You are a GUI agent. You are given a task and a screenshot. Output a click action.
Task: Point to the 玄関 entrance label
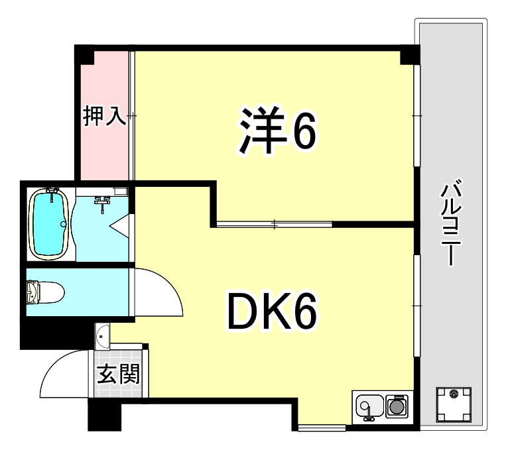click(119, 375)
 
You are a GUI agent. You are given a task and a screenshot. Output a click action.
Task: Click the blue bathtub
click(50, 223)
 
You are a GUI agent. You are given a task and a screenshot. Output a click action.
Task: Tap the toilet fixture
click(43, 292)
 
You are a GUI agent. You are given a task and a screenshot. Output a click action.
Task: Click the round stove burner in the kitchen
click(397, 405)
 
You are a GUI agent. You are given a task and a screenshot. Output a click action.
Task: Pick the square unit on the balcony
click(454, 404)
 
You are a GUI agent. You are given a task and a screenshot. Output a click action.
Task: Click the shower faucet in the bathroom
click(102, 202)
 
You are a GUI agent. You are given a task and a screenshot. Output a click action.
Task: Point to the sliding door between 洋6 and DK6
click(274, 224)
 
